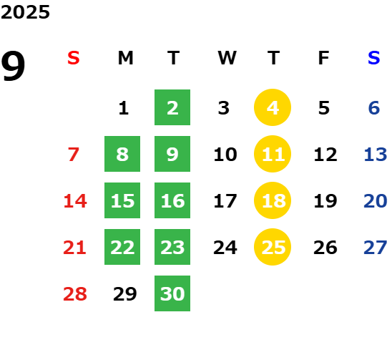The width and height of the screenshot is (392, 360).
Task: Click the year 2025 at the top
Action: coord(25,12)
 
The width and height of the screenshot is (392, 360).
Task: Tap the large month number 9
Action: coord(13,65)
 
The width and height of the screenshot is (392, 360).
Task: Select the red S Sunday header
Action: coord(74,58)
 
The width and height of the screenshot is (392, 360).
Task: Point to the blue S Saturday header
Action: coord(374,58)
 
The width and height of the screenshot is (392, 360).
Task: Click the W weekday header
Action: coord(227,58)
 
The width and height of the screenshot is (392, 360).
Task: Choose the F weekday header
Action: coord(324,58)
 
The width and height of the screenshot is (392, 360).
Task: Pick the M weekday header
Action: coord(125,58)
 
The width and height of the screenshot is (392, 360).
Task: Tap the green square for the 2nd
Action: coord(172,107)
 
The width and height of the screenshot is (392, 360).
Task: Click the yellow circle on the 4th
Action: coord(273,107)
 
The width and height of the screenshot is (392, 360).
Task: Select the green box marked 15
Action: coord(122,200)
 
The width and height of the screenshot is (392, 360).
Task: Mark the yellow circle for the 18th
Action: coord(273,200)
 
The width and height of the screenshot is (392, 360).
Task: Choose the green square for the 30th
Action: coord(172,293)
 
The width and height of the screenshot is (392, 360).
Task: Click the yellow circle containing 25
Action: coord(273,247)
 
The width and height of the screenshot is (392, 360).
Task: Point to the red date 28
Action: coord(75,293)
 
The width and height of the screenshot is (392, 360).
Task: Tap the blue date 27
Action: coord(376,248)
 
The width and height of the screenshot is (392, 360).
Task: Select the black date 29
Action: coord(125,293)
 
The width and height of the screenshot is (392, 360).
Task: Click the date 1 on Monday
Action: coord(124,108)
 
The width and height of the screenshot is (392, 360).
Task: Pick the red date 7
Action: coord(74,155)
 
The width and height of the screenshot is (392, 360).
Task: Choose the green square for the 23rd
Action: coord(172,247)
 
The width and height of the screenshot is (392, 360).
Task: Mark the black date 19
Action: coord(325,201)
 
